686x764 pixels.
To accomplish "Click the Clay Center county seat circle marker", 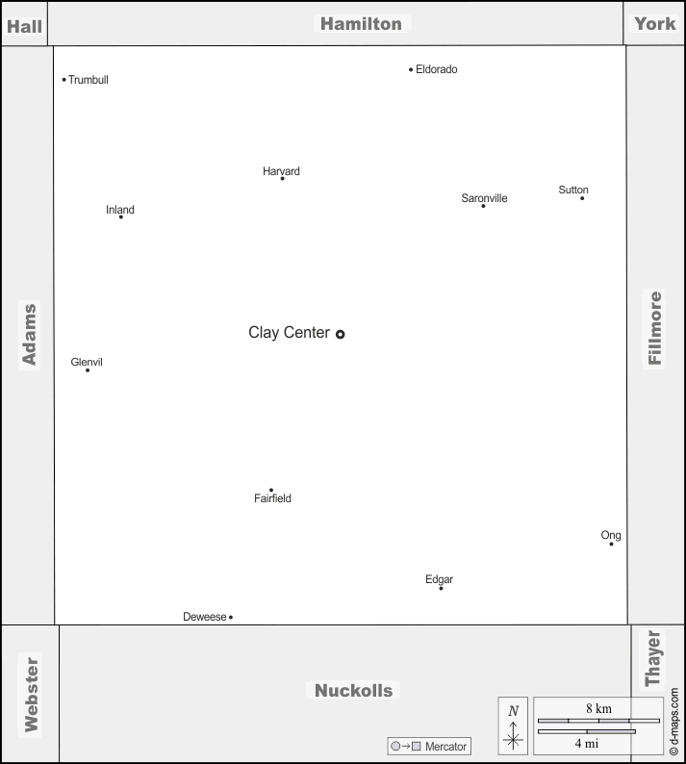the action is tap(340, 334).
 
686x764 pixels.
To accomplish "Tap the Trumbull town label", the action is tap(89, 80).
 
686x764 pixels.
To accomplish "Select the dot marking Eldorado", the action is tap(411, 69).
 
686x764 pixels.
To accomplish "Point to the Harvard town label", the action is tap(281, 171).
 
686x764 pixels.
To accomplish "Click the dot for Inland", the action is tap(121, 216).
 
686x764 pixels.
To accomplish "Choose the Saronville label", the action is tap(484, 198).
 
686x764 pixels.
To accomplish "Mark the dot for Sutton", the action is tap(582, 198).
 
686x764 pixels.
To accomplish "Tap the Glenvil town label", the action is tap(87, 362).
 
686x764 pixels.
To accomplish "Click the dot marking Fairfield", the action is tap(271, 490).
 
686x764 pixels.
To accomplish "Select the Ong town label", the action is tap(611, 536).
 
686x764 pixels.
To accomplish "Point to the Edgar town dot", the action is tap(441, 589).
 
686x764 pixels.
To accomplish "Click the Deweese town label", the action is tap(205, 617).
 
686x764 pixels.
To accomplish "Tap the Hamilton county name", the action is tap(362, 24).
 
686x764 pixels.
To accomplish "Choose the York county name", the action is tap(655, 23).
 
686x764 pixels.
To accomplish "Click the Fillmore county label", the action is tap(654, 328).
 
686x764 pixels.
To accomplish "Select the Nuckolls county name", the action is tap(354, 691).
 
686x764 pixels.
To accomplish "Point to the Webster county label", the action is tap(31, 695).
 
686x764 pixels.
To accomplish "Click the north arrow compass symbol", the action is tap(513, 732).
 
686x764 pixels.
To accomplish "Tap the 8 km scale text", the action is tap(598, 708).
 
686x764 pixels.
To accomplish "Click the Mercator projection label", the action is tap(445, 747).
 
